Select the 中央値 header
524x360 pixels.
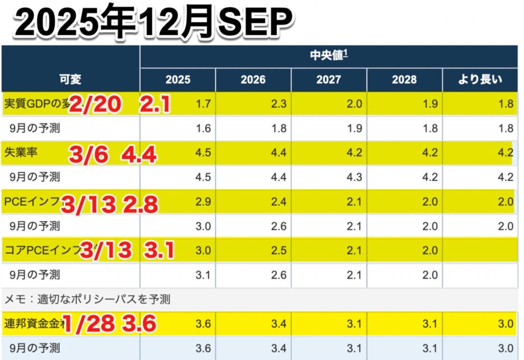click(329, 56)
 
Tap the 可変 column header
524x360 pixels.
click(70, 79)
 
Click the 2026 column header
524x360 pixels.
click(253, 79)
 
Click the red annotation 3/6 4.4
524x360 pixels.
click(113, 154)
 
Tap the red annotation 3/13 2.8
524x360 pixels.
click(110, 203)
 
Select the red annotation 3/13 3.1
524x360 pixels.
click(127, 250)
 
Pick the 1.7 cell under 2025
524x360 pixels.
click(204, 104)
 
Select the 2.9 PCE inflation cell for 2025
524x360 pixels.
click(204, 201)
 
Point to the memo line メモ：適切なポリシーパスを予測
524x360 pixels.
click(87, 300)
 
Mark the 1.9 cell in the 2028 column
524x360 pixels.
click(430, 104)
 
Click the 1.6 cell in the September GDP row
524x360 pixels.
click(204, 129)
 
